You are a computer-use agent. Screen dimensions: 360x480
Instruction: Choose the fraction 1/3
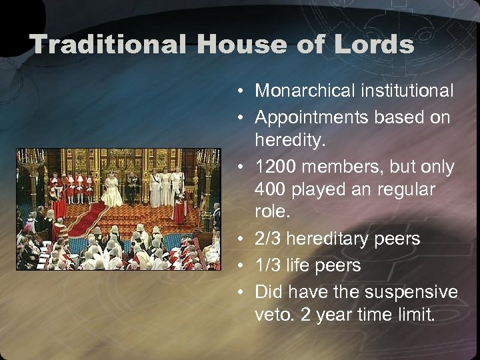[x=269, y=265]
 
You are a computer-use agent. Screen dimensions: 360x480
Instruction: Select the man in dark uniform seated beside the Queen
[x=131, y=186]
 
